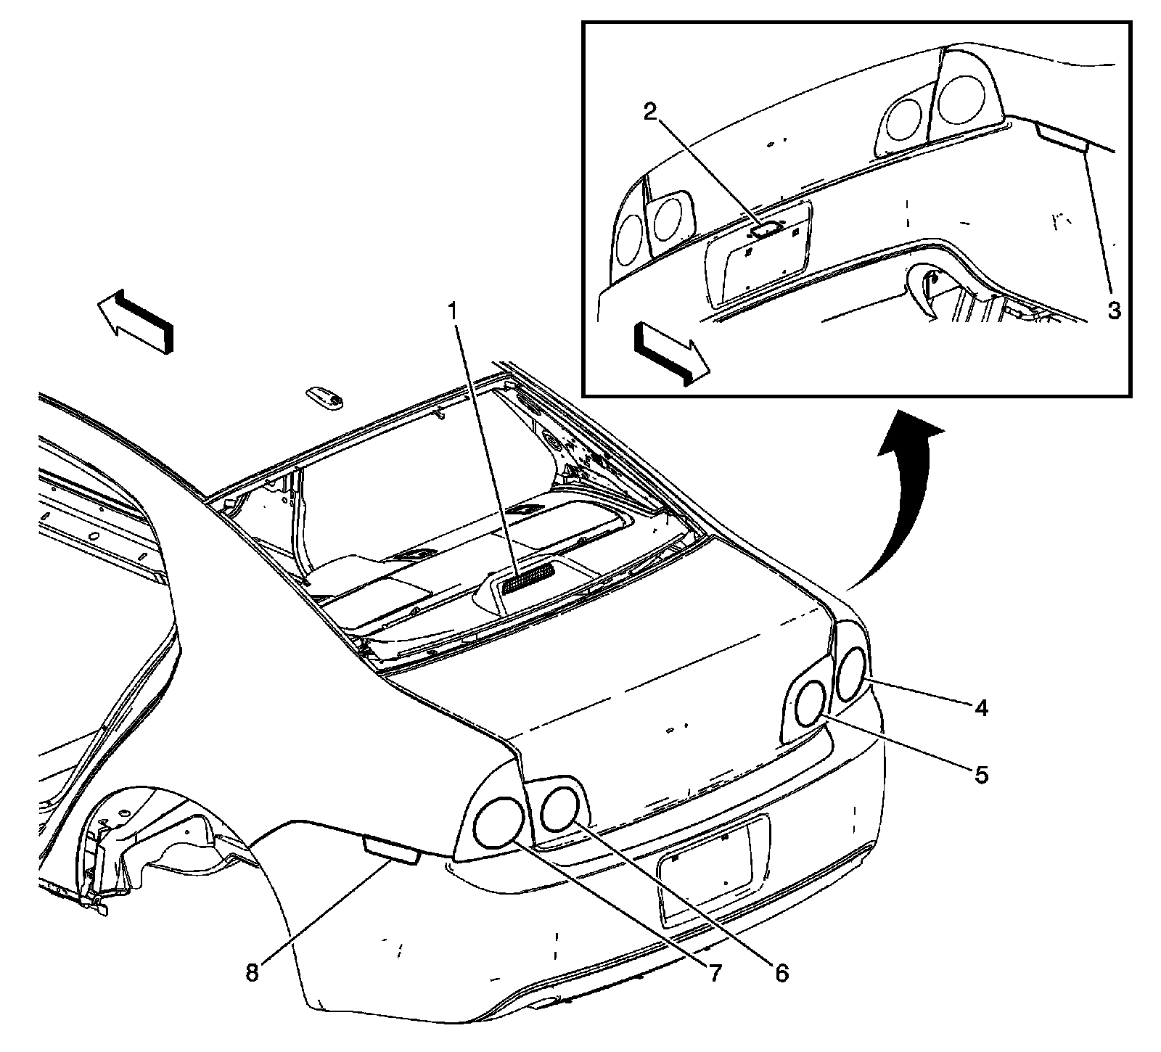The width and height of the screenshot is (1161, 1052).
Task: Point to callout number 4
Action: pos(981,707)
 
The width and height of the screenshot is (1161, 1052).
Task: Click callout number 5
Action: pos(981,775)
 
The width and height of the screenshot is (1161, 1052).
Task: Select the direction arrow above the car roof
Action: pos(136,320)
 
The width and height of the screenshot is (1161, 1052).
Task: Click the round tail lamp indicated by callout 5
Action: pos(811,703)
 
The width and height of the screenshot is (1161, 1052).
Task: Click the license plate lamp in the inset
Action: pos(766,229)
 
